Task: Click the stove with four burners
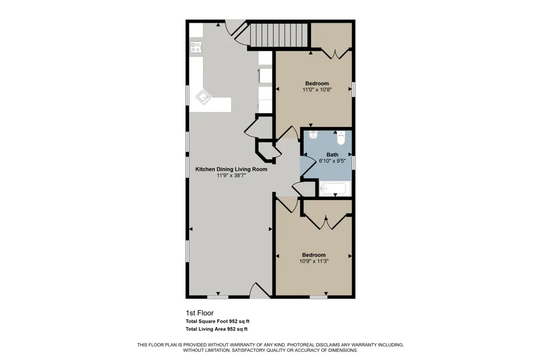[x=196, y=47]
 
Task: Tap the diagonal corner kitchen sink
[x=203, y=97]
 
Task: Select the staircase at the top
[x=279, y=35]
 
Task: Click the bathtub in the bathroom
[x=335, y=189]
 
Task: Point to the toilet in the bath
[x=341, y=139]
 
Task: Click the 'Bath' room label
[x=332, y=155]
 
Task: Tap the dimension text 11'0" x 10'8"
[x=317, y=90]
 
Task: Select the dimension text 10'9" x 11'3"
[x=314, y=262]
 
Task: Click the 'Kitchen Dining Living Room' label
[x=231, y=169]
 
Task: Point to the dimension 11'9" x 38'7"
[x=231, y=176]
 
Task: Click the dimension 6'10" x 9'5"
[x=332, y=161]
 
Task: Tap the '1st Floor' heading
[x=200, y=313]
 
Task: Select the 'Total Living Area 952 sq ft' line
[x=217, y=329]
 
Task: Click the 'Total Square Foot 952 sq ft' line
[x=217, y=322]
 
